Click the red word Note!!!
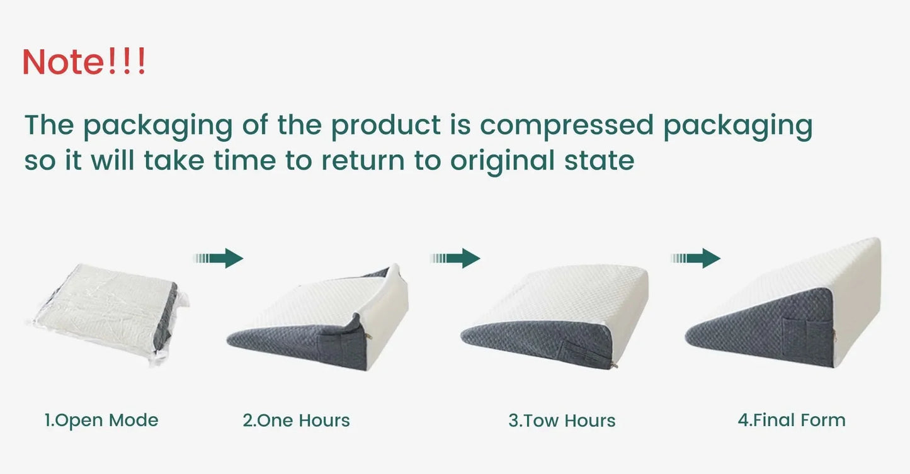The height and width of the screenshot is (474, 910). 84,62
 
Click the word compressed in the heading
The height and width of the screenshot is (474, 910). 566,125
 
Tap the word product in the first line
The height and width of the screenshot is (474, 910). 385,125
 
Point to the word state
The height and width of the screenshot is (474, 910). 598,161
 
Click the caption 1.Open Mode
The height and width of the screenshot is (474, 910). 101,420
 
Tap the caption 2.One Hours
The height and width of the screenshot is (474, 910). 296,420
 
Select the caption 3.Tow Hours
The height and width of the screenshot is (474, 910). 562,420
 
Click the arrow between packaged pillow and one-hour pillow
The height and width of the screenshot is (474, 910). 219,258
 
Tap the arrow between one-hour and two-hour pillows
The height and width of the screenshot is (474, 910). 455,258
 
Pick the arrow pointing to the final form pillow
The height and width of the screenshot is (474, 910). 696,258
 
